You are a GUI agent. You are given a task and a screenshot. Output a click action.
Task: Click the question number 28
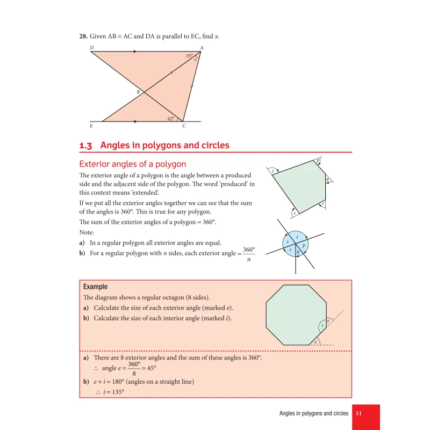pyautogui.click(x=83, y=37)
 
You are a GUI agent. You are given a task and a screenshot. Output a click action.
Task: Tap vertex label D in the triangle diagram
pyautogui.click(x=92, y=48)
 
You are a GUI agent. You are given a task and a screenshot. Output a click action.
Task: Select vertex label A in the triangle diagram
pyautogui.click(x=202, y=48)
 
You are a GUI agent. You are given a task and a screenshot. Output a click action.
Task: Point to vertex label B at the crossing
pyautogui.click(x=138, y=92)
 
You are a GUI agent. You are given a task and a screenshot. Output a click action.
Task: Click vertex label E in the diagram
pyautogui.click(x=91, y=126)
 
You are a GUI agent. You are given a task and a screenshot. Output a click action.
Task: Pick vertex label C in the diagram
pyautogui.click(x=184, y=126)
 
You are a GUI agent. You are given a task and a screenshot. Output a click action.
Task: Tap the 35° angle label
pyautogui.click(x=189, y=56)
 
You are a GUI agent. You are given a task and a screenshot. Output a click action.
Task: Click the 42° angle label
pyautogui.click(x=170, y=118)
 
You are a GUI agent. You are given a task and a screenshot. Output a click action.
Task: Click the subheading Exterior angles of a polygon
pyautogui.click(x=133, y=164)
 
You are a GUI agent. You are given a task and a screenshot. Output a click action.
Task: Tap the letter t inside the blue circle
pyautogui.click(x=297, y=236)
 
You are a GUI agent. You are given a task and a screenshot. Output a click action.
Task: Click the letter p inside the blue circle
pyautogui.click(x=304, y=245)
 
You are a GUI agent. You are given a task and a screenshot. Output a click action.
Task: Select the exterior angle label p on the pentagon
pyautogui.click(x=318, y=160)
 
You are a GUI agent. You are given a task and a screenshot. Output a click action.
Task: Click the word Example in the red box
pyautogui.click(x=95, y=287)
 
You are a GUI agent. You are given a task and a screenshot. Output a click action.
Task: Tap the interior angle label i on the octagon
pyautogui.click(x=322, y=326)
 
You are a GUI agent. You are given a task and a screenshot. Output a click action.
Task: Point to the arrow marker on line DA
pyautogui.click(x=134, y=52)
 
